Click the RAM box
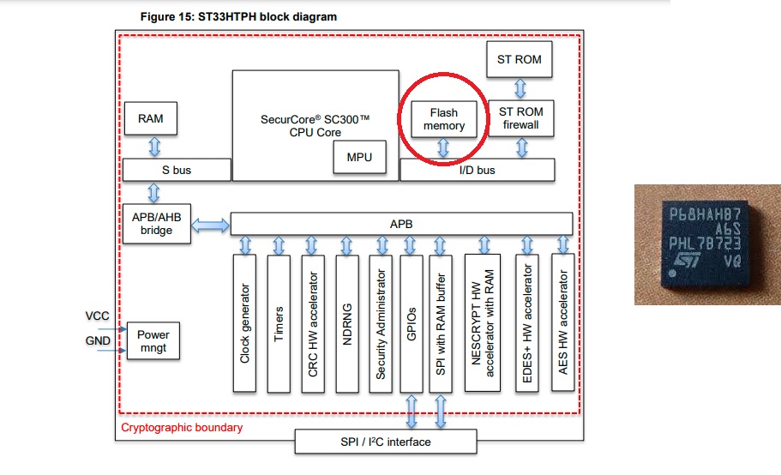pyautogui.click(x=151, y=118)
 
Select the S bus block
pyautogui.click(x=177, y=170)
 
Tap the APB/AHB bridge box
pyautogui.click(x=157, y=224)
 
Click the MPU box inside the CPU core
pyautogui.click(x=359, y=157)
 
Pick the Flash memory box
pyautogui.click(x=444, y=118)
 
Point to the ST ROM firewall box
pyautogui.click(x=520, y=118)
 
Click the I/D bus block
pyautogui.click(x=478, y=170)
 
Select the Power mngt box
pyautogui.click(x=153, y=340)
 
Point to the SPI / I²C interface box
pyautogui.click(x=385, y=442)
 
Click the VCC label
pyautogui.click(x=97, y=316)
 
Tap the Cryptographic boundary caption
pyautogui.click(x=182, y=427)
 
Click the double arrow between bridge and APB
pyautogui.click(x=211, y=225)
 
